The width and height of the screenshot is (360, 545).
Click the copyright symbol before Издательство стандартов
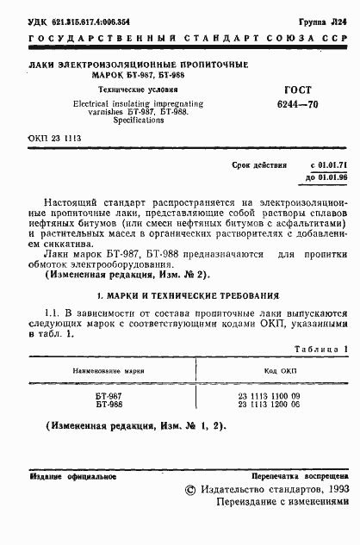191,488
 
